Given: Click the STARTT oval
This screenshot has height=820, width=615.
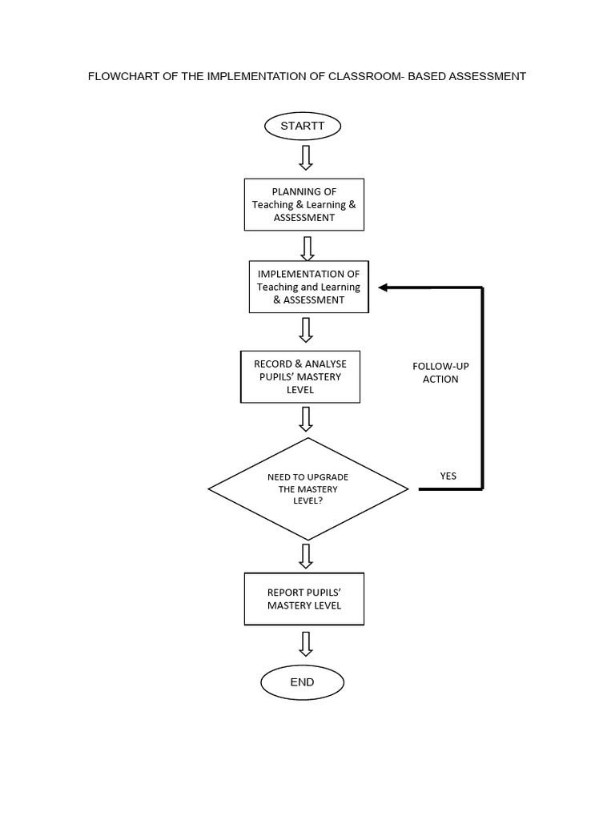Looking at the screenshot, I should tap(302, 127).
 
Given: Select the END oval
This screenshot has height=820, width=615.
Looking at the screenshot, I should tap(302, 682).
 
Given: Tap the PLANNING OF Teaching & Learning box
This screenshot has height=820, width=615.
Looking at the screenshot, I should tap(303, 204).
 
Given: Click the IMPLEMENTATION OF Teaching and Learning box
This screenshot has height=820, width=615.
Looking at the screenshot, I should tap(308, 287).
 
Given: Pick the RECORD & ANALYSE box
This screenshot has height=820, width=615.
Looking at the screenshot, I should tap(300, 376).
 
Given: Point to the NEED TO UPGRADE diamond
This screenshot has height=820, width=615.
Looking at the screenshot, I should tap(308, 488).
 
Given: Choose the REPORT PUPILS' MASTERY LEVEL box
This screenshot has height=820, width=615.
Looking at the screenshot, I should tap(303, 599).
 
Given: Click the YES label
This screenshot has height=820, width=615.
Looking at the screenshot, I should tap(448, 476).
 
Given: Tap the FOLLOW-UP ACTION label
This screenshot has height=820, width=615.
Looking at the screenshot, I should tap(440, 372).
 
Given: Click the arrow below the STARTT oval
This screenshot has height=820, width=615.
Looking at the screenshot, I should tap(305, 157).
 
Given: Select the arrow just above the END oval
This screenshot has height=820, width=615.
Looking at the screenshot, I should tap(305, 644).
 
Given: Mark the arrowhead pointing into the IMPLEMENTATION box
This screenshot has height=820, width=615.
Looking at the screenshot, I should tap(385, 287).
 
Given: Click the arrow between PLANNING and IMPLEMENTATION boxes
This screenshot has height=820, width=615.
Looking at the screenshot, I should tap(307, 247).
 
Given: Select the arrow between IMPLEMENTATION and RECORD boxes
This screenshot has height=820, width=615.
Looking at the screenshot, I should tap(306, 330).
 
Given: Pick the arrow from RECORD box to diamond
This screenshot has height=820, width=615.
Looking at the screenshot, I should tap(306, 419).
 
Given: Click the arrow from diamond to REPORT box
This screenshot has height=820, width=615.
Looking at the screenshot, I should tap(306, 555).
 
